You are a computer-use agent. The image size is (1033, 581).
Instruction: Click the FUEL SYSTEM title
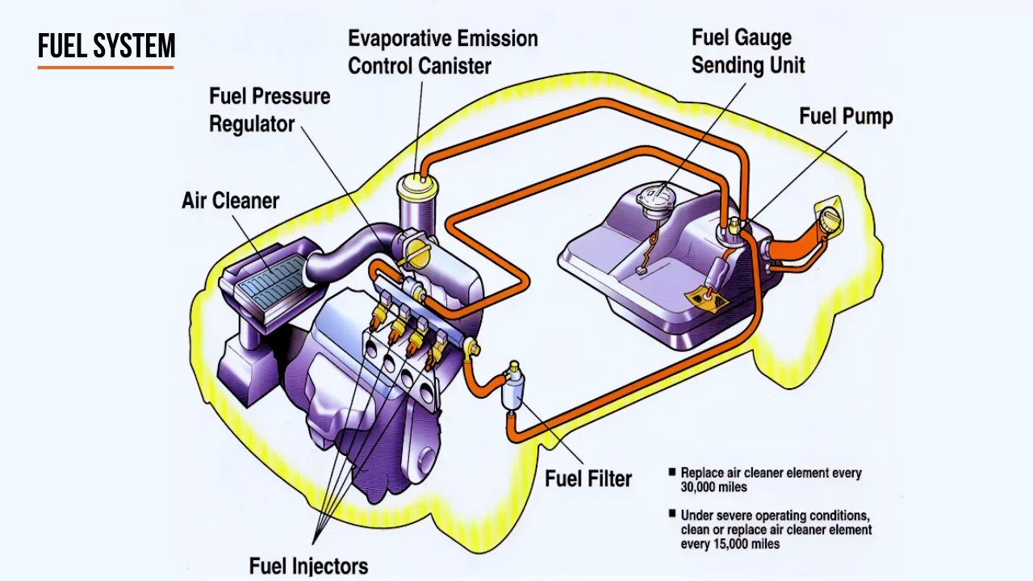(x=106, y=47)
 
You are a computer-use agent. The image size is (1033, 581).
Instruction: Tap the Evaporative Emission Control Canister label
(x=442, y=52)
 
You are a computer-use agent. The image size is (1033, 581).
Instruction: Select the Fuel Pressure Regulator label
(x=269, y=110)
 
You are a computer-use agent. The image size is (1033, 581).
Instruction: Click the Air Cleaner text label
(x=230, y=200)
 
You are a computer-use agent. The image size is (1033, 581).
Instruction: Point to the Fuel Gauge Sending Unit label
(x=747, y=51)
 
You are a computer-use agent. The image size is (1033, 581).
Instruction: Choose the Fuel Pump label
(x=845, y=116)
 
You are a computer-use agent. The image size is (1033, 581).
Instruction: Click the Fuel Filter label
(x=588, y=479)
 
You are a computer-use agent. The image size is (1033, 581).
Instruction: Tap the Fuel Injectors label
(x=308, y=566)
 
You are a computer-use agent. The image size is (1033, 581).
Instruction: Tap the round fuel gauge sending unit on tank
(x=650, y=200)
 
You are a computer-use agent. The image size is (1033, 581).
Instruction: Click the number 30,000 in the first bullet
(x=701, y=487)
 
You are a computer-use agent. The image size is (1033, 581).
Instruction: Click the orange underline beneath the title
(x=106, y=67)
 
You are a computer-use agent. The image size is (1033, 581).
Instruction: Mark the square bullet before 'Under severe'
(x=671, y=514)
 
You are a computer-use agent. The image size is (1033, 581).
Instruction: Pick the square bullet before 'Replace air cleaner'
(x=671, y=472)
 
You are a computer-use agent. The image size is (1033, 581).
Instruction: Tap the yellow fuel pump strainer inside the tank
(x=705, y=299)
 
